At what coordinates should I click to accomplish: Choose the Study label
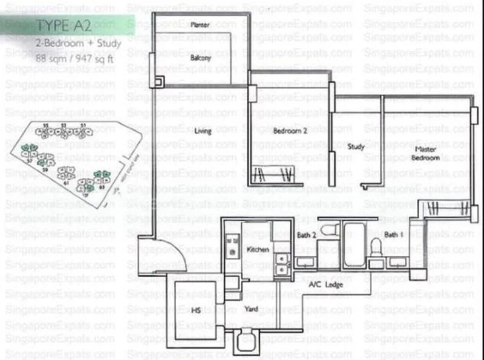[x=355, y=146]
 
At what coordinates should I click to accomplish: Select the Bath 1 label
[x=393, y=234]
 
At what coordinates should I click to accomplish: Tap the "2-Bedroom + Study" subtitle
[x=78, y=44]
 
